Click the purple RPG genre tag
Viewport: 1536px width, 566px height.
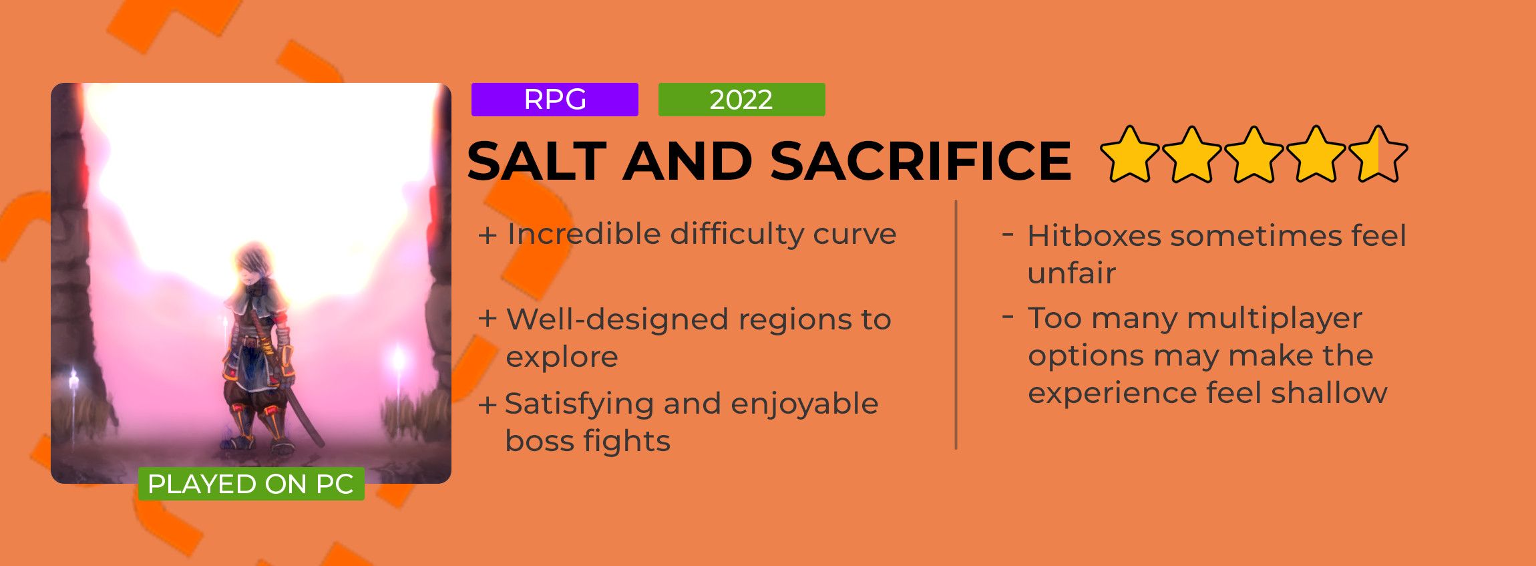554,100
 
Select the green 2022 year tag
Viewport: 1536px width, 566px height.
741,100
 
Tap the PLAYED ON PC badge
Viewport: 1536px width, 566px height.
251,484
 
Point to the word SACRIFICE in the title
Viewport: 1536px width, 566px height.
920,161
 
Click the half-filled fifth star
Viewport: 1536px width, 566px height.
1378,154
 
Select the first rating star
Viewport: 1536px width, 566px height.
1130,154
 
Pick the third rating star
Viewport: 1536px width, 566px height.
1254,154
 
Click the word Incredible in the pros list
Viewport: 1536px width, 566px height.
584,234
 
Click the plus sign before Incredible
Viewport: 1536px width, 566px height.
488,235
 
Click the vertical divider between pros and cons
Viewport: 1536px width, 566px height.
956,325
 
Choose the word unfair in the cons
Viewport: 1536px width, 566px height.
1072,273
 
